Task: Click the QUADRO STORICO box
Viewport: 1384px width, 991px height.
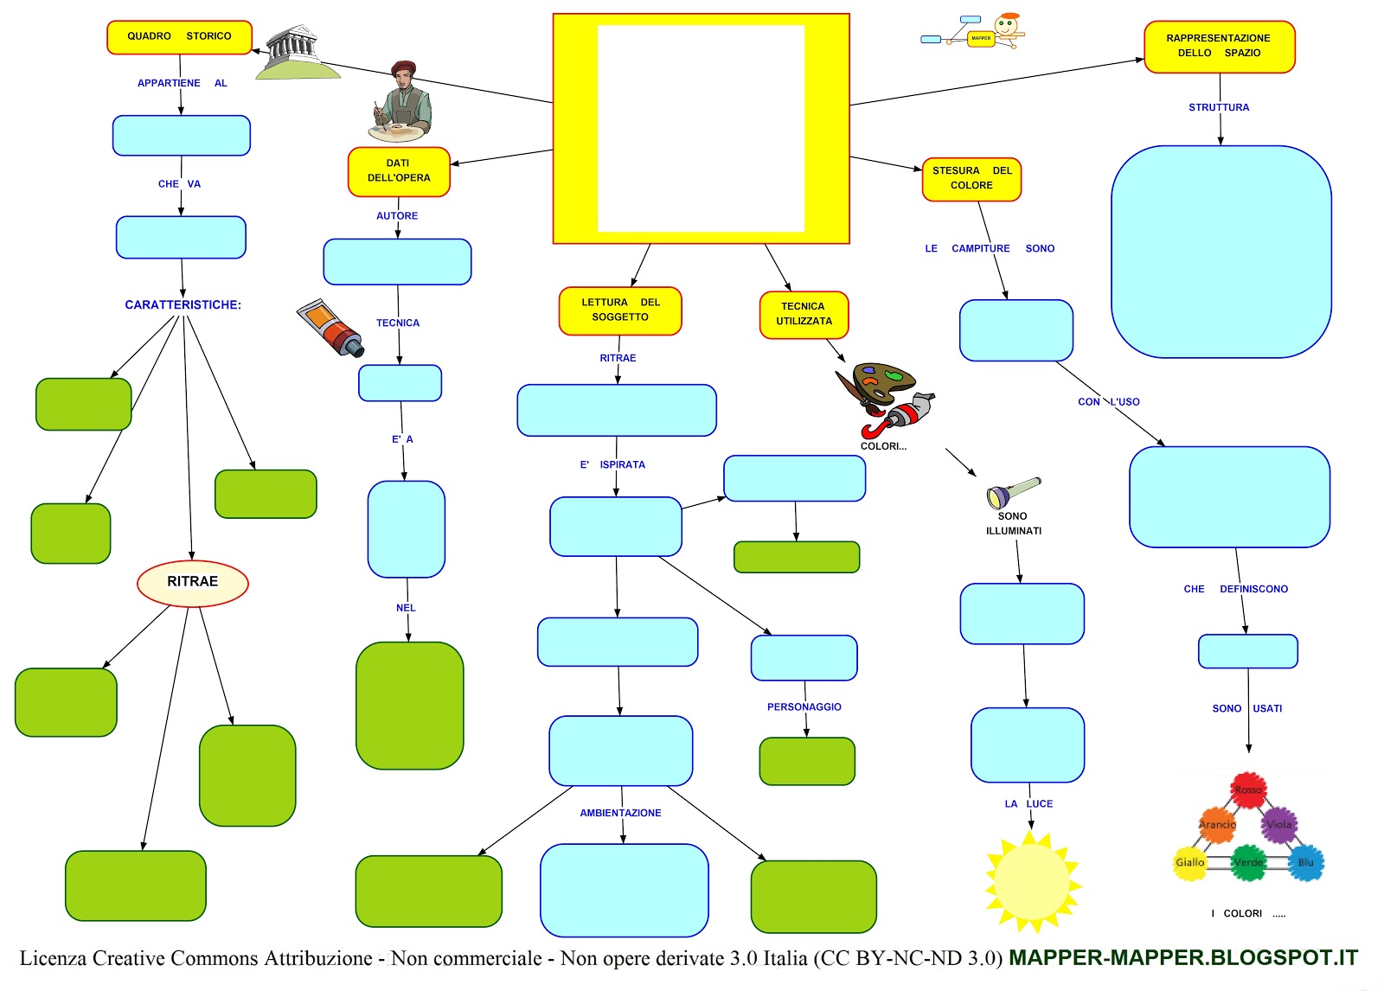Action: (179, 37)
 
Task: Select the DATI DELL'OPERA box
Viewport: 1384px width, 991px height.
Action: (399, 171)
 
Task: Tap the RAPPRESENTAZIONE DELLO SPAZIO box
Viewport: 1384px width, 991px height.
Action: (1219, 47)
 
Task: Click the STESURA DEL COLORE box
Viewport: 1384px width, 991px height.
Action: (971, 179)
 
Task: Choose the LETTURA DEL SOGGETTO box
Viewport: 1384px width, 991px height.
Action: (620, 310)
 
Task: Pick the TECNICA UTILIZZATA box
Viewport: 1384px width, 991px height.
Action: (804, 314)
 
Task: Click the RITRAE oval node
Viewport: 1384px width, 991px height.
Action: (192, 583)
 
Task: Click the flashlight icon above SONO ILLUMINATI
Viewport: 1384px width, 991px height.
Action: (1013, 492)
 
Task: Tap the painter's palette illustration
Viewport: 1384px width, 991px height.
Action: (882, 385)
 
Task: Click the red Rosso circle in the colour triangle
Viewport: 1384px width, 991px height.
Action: (1248, 790)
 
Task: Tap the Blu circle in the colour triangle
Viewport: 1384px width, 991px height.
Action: (1305, 863)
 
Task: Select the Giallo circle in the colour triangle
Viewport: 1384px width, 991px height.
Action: (1189, 863)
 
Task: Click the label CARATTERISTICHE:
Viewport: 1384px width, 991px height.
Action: (183, 305)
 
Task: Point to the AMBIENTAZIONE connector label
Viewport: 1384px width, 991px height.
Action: (620, 813)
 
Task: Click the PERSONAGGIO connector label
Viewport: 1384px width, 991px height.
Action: (804, 707)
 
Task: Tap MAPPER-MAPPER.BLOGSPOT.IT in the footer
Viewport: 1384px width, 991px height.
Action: (1182, 958)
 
